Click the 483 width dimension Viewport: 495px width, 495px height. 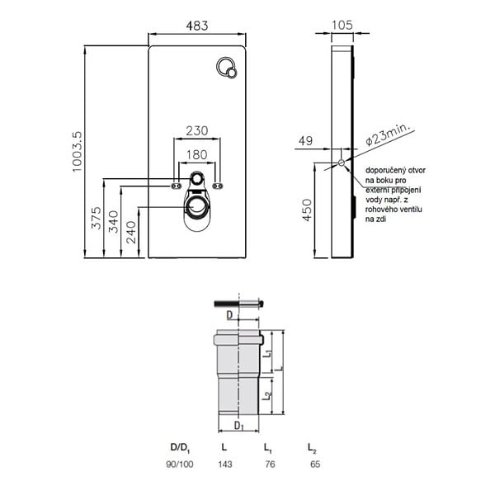point(197,26)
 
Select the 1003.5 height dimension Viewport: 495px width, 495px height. point(77,152)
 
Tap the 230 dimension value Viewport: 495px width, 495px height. point(197,130)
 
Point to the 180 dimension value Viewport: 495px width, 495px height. point(196,155)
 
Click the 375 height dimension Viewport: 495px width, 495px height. point(96,218)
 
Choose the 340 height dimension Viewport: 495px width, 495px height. point(113,222)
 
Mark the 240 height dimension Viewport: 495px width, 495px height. point(131,233)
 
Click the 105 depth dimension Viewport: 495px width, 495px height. point(342,26)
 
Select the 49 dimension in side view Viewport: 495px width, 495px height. point(305,141)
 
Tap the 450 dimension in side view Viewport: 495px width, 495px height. point(307,210)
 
